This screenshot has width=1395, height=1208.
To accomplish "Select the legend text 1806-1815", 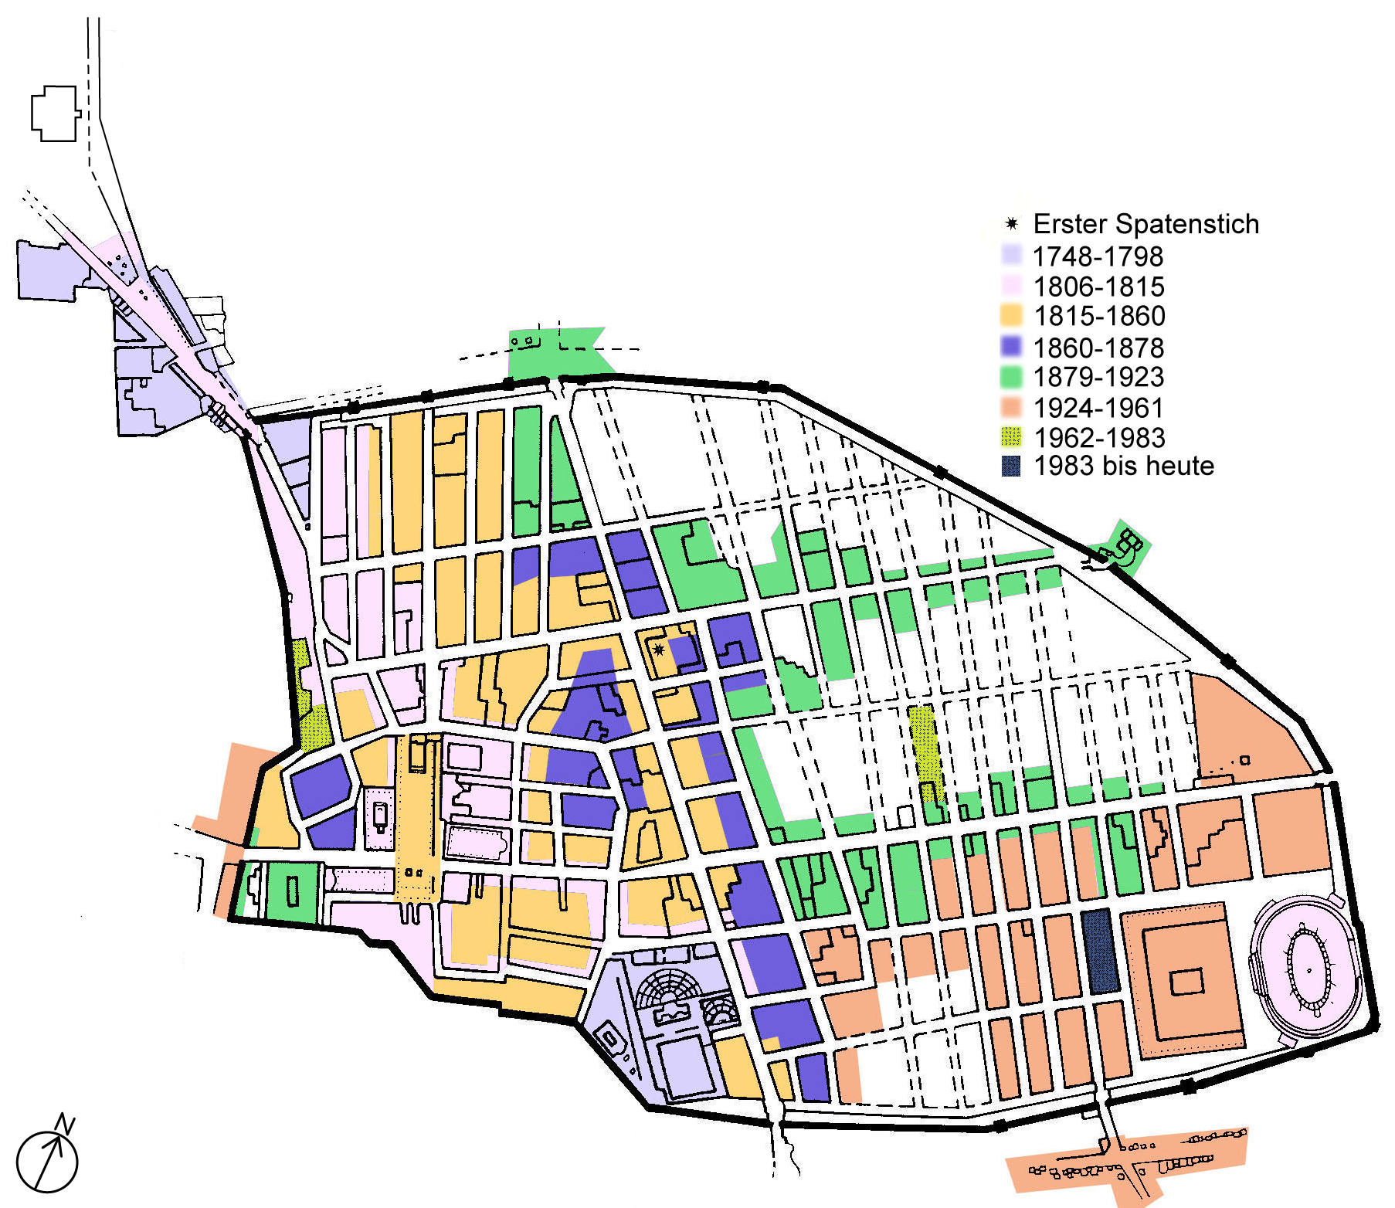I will click(1098, 287).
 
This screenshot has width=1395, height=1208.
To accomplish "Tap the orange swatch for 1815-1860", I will click(1011, 315).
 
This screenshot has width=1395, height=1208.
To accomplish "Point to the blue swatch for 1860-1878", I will click(1011, 347).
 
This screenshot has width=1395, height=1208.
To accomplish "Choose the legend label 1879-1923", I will click(1098, 377).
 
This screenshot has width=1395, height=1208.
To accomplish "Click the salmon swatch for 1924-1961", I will click(1011, 407).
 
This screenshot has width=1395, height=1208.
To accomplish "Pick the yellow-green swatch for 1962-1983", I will click(1011, 437).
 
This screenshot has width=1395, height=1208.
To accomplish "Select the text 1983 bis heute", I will click(1123, 466).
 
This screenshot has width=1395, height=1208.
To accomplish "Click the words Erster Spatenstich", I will click(1146, 224).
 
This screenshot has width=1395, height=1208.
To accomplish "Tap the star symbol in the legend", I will click(1011, 225).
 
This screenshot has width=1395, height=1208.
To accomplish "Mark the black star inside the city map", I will click(659, 650).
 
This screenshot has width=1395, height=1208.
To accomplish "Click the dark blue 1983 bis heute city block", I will click(1099, 952).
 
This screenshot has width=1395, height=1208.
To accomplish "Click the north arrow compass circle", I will click(47, 1162).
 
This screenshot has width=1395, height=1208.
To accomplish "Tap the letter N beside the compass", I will click(66, 1125).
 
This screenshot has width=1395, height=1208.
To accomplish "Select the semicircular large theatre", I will click(670, 989).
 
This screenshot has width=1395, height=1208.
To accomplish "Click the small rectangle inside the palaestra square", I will click(1186, 982).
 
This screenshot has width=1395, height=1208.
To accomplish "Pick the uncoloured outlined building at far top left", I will click(55, 114).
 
